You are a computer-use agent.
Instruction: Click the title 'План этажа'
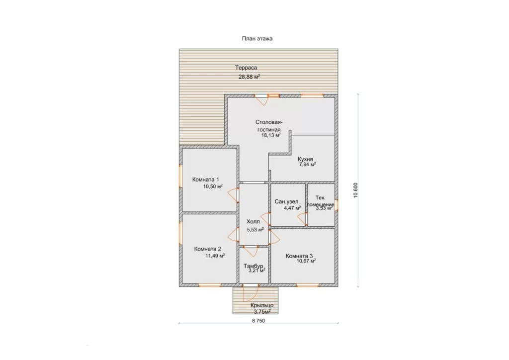click(x=257, y=39)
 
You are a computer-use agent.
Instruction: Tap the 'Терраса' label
click(x=246, y=68)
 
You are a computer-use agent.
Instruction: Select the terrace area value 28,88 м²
click(x=250, y=77)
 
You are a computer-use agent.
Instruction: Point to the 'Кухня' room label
click(x=306, y=160)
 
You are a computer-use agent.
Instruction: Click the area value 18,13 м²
click(x=271, y=135)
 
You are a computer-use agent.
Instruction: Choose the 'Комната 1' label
click(x=205, y=180)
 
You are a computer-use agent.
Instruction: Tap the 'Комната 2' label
click(x=207, y=249)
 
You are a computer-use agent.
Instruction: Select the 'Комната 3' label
click(x=299, y=256)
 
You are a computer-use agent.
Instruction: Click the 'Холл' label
click(x=253, y=222)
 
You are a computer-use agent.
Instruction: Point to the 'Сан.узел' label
click(x=286, y=201)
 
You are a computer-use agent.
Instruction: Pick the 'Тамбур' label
click(x=253, y=266)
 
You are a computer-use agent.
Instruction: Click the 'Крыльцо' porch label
click(x=262, y=305)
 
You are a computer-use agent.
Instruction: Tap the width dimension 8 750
click(x=258, y=321)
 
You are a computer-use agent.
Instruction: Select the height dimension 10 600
click(x=355, y=190)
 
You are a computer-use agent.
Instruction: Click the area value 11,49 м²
click(x=215, y=256)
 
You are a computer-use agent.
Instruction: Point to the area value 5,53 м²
click(x=255, y=230)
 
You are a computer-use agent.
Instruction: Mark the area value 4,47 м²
click(x=292, y=208)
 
